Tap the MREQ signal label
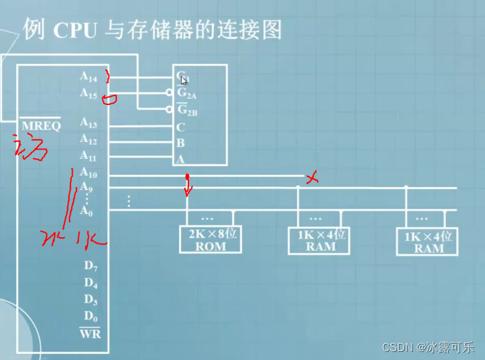click(40, 126)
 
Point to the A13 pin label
click(89, 122)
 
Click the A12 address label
click(89, 139)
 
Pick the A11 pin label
click(89, 155)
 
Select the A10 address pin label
click(89, 174)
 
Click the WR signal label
click(89, 332)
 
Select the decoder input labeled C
click(180, 127)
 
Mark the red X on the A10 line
click(311, 178)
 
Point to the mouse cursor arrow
click(184, 80)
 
